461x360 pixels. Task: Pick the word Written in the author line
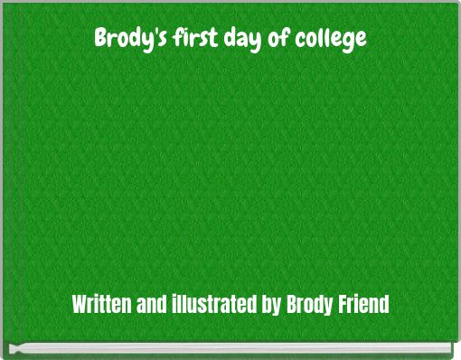coord(102,303)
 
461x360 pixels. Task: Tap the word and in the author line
coord(150,303)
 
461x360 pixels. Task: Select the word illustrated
coord(213,303)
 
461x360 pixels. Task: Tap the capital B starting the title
coord(100,39)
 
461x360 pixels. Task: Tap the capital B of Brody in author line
coord(291,303)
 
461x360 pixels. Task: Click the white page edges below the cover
coord(230,349)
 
